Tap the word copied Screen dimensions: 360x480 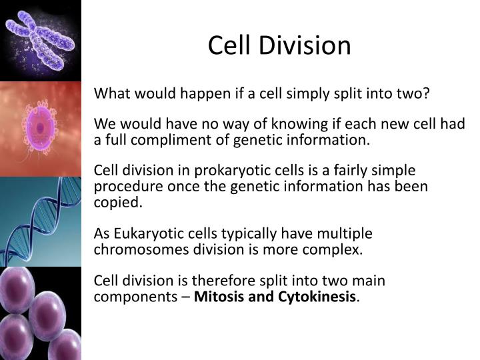[117, 203]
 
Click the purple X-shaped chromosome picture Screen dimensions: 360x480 [40, 39]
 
